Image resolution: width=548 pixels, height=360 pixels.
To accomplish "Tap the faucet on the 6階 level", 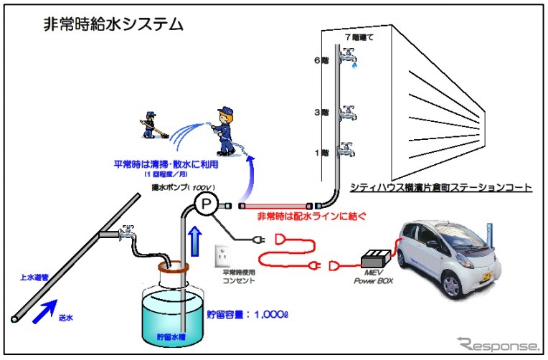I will pyautogui.click(x=349, y=54).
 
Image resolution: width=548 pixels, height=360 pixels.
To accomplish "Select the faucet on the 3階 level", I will pyautogui.click(x=349, y=112).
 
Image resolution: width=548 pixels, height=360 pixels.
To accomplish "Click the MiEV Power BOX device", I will pyautogui.click(x=378, y=262).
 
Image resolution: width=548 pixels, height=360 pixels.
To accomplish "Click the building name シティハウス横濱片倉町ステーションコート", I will pyautogui.click(x=440, y=188).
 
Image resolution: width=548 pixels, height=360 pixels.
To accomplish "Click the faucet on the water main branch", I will pyautogui.click(x=127, y=232).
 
